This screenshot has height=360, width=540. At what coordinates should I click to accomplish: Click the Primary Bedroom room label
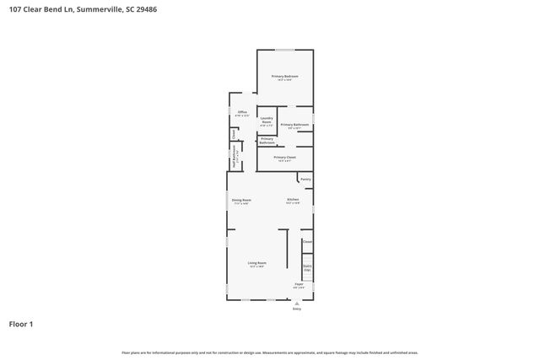pos(284,76)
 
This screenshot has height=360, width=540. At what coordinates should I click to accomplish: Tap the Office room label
pos(242,112)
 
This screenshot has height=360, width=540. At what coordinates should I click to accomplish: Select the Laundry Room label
pos(266,121)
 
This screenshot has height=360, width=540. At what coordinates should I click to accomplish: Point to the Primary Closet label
pos(284,157)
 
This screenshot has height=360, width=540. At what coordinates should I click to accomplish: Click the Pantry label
pos(305,179)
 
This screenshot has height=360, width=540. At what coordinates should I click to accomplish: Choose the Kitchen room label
pos(293,200)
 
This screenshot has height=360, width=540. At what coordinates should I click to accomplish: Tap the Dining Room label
pos(241,200)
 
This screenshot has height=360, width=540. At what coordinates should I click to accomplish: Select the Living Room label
pos(256,263)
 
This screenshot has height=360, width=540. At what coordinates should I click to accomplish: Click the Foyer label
pos(299,284)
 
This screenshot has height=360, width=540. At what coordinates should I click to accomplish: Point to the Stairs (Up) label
pos(307,268)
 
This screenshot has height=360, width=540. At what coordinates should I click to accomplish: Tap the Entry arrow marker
pos(296,303)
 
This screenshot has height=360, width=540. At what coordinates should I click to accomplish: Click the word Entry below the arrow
pos(296,309)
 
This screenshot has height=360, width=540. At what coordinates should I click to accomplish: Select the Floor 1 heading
pos(22,324)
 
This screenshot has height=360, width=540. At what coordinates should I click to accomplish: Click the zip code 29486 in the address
pos(145,9)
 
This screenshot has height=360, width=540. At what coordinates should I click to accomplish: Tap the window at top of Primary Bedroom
pos(284,49)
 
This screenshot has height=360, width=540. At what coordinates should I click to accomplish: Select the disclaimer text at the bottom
pos(270,352)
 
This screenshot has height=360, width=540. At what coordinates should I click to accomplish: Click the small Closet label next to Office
pos(233,134)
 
